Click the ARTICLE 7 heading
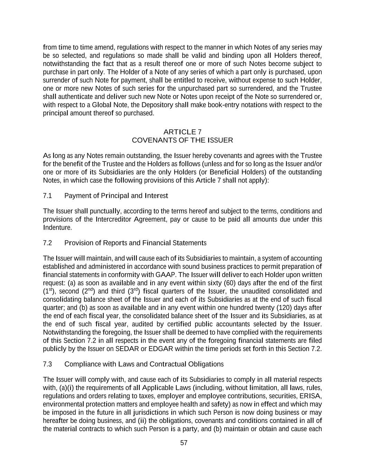point(182,132)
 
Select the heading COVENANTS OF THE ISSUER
point(182,140)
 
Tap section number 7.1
point(47,196)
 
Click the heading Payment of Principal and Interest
point(116,196)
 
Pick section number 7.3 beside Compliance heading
point(47,364)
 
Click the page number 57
point(184,443)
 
